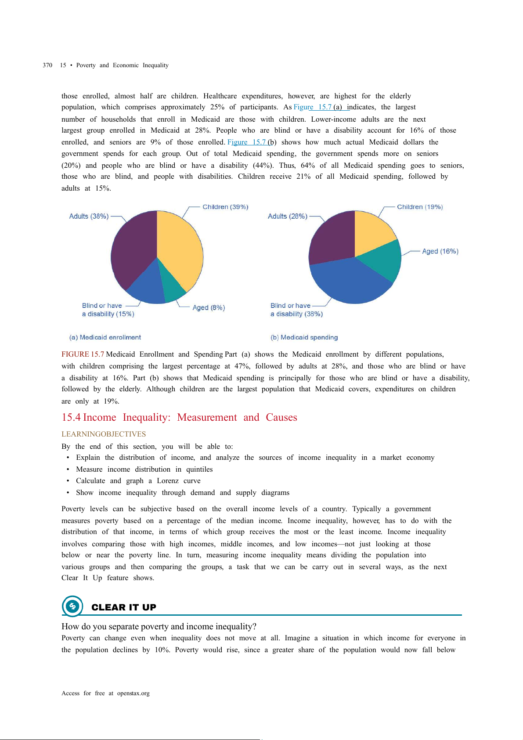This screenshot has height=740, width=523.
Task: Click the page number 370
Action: [47, 65]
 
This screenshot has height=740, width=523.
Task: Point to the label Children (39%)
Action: [225, 207]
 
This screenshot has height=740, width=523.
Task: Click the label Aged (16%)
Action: [440, 251]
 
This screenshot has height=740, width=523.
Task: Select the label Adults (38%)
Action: [89, 216]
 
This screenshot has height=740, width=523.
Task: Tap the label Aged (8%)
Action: [209, 307]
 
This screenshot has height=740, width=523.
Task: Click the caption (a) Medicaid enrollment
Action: [105, 337]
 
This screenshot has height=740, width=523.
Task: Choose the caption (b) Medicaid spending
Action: [304, 337]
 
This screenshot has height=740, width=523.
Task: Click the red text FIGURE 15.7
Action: [83, 354]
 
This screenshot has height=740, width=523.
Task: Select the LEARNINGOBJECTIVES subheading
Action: [104, 434]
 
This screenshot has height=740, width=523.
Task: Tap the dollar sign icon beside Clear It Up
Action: [72, 606]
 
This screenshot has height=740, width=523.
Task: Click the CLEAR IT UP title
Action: [124, 607]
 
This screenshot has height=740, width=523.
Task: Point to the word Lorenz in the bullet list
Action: [168, 481]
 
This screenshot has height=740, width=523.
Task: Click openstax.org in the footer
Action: [133, 693]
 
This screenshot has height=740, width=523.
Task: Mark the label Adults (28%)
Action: [287, 216]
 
